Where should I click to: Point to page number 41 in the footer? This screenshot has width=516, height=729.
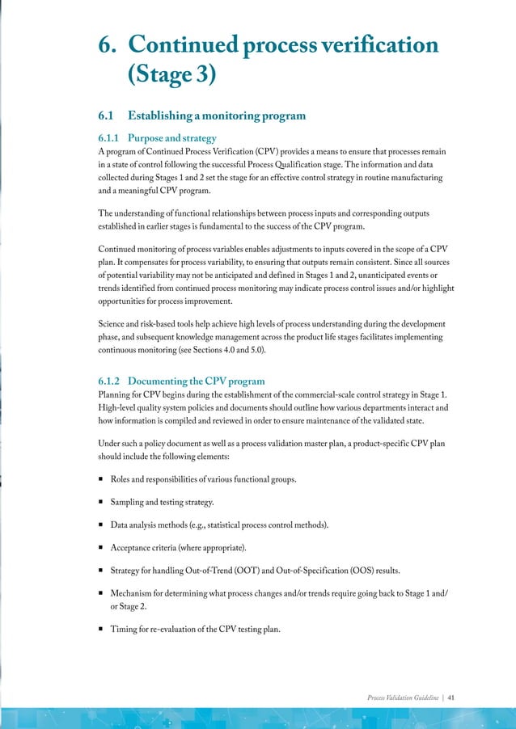pyautogui.click(x=450, y=696)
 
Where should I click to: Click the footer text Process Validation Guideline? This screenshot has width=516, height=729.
pyautogui.click(x=403, y=696)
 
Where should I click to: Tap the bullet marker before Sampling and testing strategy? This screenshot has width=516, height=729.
pyautogui.click(x=101, y=503)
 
